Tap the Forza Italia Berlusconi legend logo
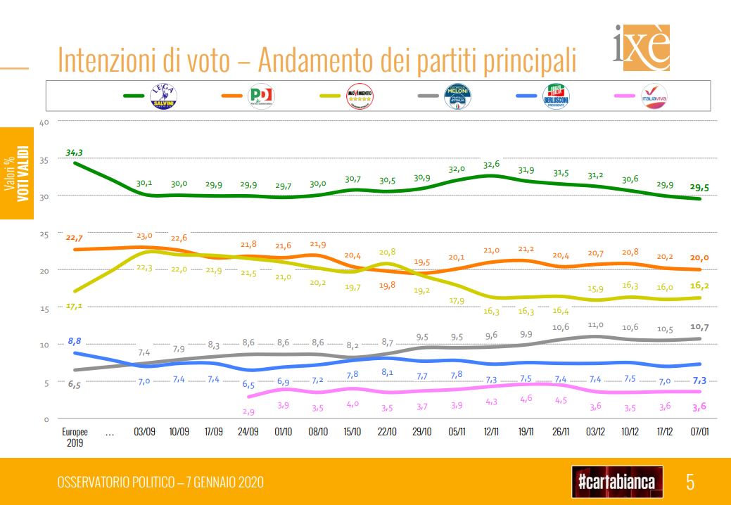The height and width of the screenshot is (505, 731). [x=557, y=96]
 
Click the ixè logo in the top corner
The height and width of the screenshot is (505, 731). [x=640, y=49]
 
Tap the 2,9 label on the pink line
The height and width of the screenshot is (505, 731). [x=248, y=410]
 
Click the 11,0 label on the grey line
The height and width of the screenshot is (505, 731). [x=597, y=325]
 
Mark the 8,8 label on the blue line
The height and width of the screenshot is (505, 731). [x=75, y=341]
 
